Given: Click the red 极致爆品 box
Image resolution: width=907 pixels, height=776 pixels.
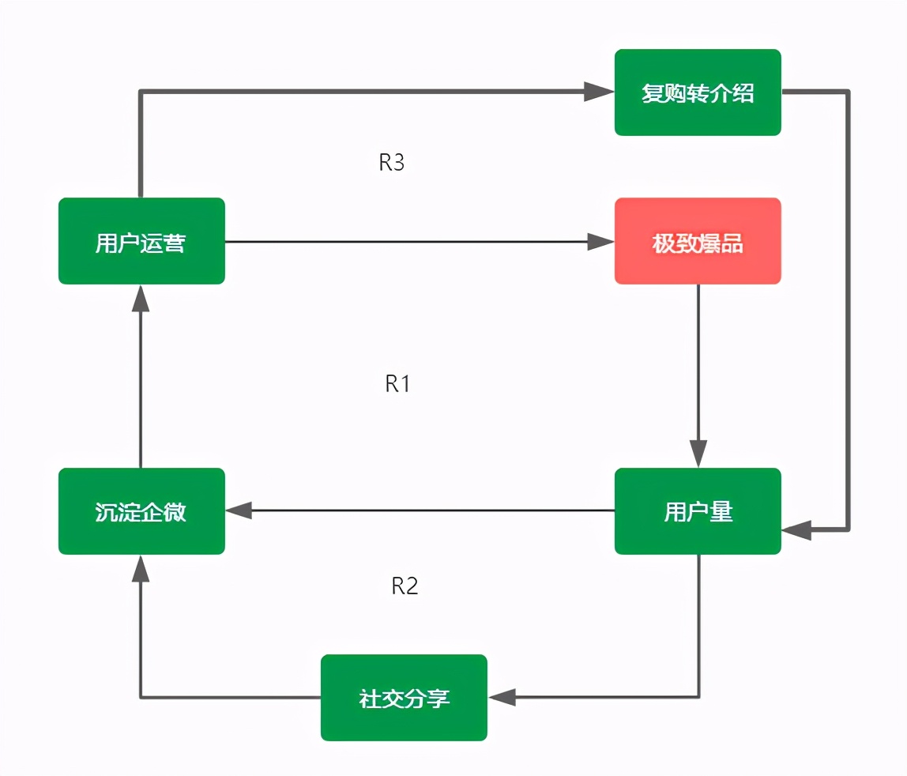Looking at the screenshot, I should [698, 241].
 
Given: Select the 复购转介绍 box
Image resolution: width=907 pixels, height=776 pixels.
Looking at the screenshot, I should [698, 92].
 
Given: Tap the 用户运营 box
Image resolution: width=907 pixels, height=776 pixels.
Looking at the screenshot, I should [141, 241].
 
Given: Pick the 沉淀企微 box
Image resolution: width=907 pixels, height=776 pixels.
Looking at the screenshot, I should [141, 511].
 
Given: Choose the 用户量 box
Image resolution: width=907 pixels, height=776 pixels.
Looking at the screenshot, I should [698, 511].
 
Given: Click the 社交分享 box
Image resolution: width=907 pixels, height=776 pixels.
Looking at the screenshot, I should [404, 698].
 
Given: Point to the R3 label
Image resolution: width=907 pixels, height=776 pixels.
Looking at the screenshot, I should [392, 163].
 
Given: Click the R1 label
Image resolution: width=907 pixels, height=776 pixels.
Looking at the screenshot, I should [397, 384].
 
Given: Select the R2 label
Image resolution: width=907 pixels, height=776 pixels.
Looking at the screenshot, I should [405, 586].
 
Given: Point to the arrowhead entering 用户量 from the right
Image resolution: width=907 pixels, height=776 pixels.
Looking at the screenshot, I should [796, 529].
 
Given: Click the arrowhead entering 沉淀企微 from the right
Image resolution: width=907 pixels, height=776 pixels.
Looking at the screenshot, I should [239, 511].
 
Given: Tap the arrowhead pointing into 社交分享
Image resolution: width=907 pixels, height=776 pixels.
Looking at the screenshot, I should [502, 697].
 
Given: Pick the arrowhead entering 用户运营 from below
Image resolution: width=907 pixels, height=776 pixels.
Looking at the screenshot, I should [141, 299].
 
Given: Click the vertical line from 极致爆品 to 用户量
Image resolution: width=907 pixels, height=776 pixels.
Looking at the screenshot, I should [698, 364].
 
